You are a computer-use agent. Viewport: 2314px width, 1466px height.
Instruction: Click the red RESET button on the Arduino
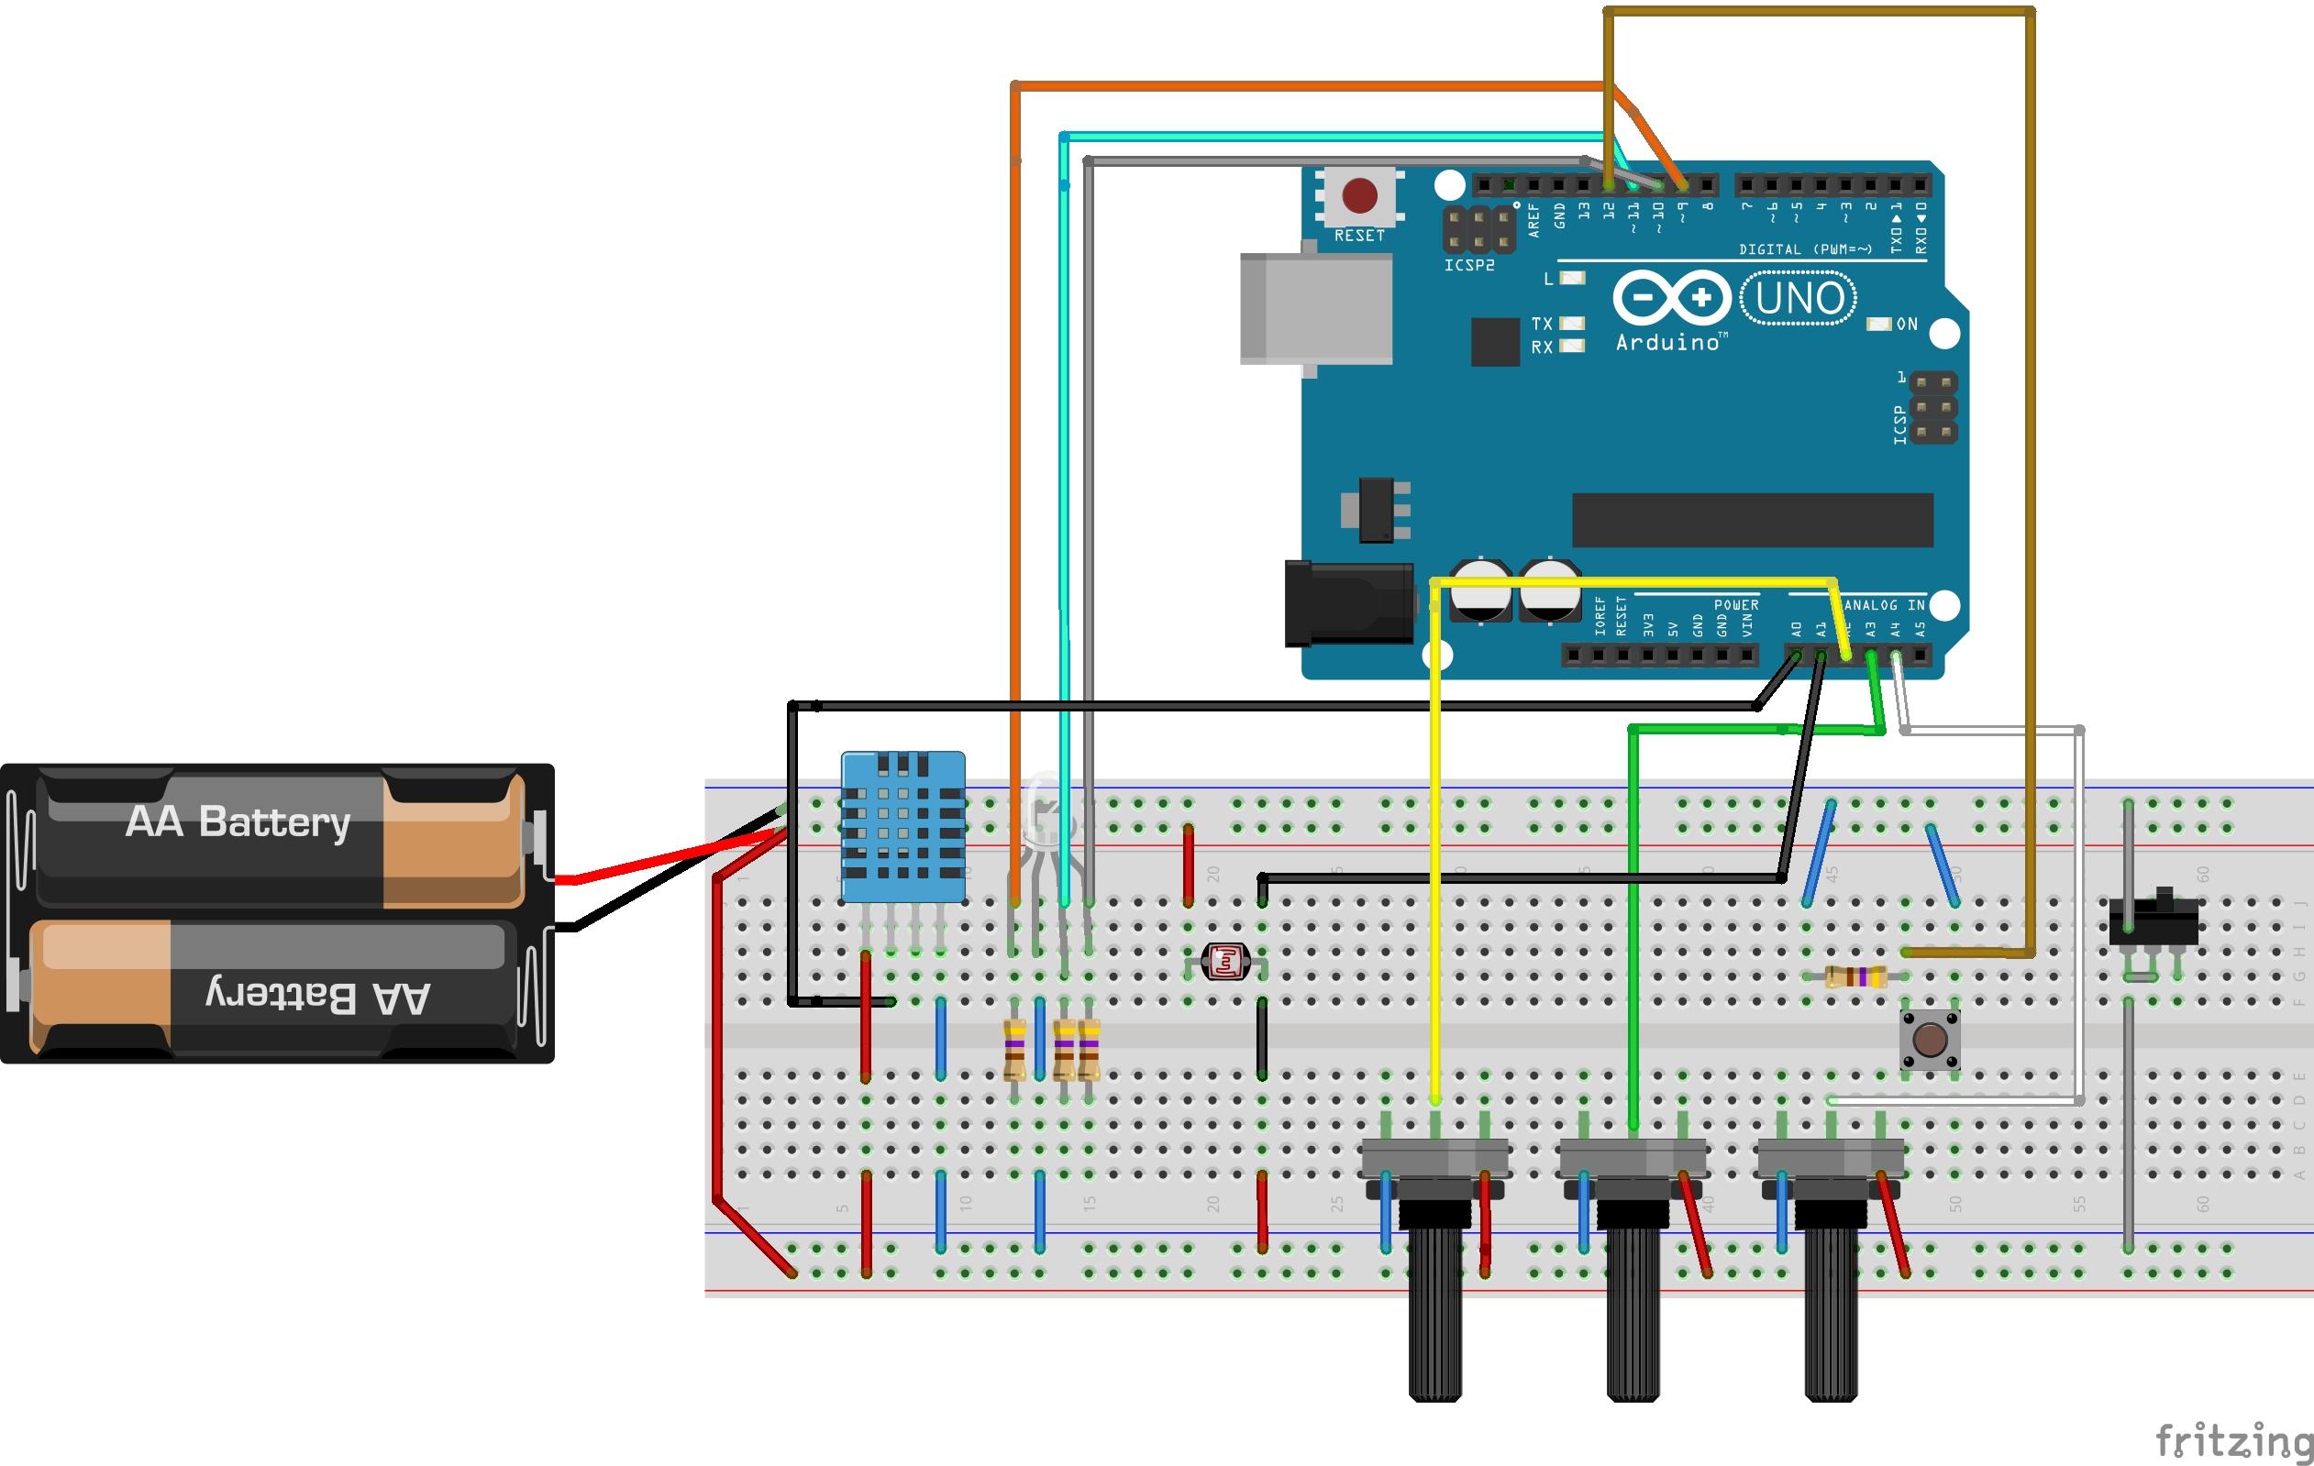[x=1359, y=196]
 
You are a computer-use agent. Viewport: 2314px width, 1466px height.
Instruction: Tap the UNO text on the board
[x=1799, y=299]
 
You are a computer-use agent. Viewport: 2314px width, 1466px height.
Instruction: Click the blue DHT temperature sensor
[x=902, y=826]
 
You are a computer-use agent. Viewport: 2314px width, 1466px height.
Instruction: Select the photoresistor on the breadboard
[x=1226, y=960]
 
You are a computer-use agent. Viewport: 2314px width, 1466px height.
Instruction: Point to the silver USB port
[x=1315, y=308]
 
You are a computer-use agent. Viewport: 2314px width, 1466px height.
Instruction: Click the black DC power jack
[x=1347, y=604]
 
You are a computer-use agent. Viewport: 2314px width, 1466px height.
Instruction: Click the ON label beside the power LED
[x=1907, y=325]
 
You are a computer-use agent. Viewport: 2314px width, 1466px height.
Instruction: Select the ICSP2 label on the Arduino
[x=1469, y=265]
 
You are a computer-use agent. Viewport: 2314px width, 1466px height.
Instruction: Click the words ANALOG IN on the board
[x=1884, y=605]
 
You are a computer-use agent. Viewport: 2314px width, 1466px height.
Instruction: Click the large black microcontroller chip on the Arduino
[x=1752, y=520]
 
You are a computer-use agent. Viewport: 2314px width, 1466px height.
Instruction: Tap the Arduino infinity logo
[x=1671, y=298]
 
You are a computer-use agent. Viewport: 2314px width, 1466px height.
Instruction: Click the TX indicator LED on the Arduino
[x=1572, y=324]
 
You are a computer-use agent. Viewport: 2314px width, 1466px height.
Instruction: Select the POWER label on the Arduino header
[x=1736, y=605]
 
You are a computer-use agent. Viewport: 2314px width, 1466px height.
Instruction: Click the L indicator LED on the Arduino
[x=1572, y=279]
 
